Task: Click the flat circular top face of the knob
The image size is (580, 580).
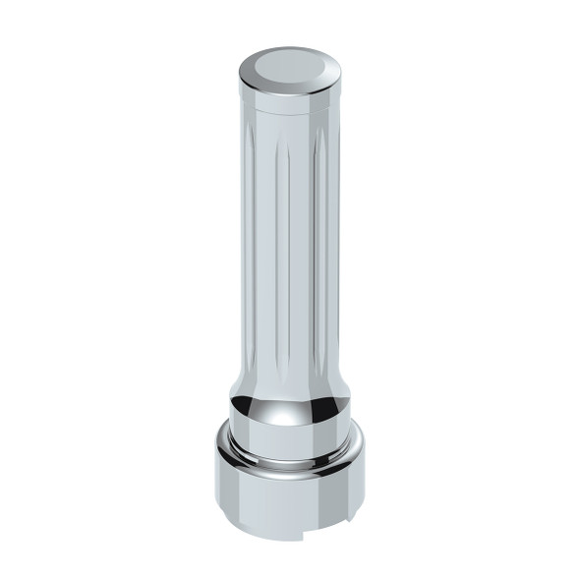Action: coord(290,66)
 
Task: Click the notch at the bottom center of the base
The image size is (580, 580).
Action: coord(295,537)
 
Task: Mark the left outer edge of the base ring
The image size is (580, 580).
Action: coord(218,492)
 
